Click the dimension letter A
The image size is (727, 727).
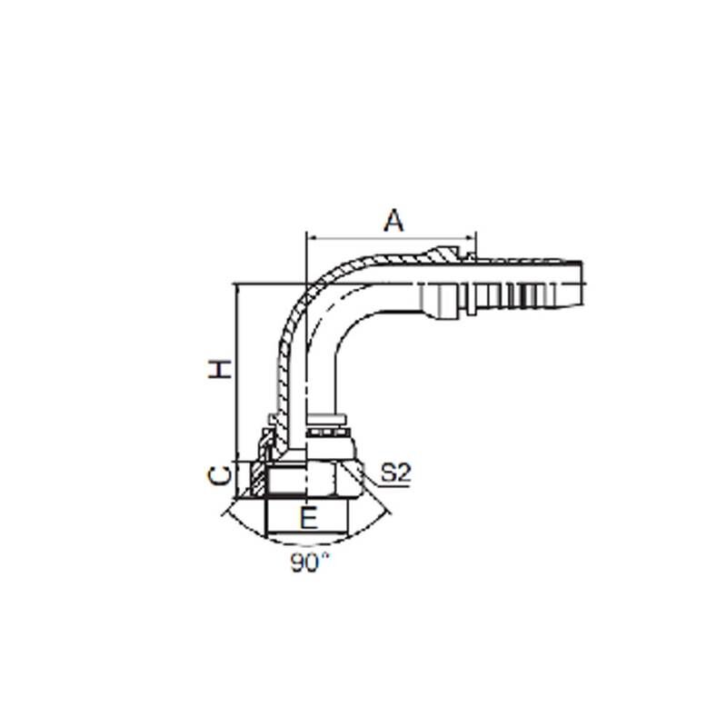point(393,220)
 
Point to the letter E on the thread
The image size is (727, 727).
point(309,519)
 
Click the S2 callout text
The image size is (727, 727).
point(395,473)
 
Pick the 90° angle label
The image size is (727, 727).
point(309,563)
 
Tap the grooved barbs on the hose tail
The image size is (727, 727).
point(518,289)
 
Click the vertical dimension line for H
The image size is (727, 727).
point(236,373)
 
